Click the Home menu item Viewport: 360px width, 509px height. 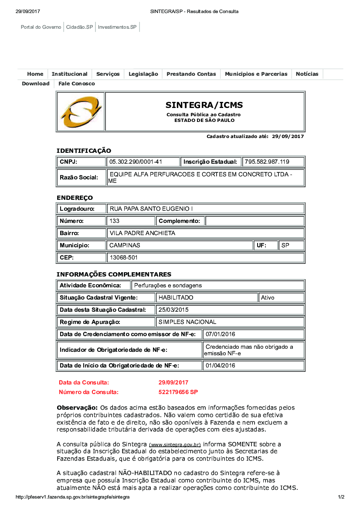[x=35, y=74]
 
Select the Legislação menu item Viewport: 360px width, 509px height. [x=143, y=74]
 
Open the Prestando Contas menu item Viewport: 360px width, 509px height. [x=191, y=74]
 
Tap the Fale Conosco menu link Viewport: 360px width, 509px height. [x=76, y=84]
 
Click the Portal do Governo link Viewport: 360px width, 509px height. [x=41, y=27]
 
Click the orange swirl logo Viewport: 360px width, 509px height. [x=81, y=111]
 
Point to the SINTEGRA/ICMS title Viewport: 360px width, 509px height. [x=204, y=105]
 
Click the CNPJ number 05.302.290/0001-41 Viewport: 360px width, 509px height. [x=136, y=162]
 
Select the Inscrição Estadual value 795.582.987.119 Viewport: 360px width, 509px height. [x=267, y=162]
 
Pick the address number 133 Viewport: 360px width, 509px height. [x=114, y=221]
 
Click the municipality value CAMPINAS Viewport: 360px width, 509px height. [x=125, y=246]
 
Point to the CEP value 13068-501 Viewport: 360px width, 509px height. [x=123, y=258]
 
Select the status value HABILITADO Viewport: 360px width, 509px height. [x=176, y=298]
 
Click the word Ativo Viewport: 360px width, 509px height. [x=268, y=298]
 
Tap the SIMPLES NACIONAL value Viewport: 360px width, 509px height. [x=187, y=322]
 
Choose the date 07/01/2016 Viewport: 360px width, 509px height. [x=220, y=334]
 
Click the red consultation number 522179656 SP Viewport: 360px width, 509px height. [x=178, y=392]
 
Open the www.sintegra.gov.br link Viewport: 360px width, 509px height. [x=175, y=445]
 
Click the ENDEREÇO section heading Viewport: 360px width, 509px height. [x=75, y=198]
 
